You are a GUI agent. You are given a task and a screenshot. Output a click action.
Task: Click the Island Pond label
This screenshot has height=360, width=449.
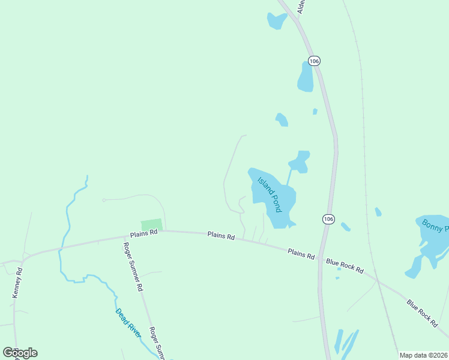(x=270, y=195)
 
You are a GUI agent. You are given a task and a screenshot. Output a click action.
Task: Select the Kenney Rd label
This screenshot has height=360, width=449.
(x=17, y=283)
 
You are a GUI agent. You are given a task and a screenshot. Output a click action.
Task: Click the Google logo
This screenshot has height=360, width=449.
(x=20, y=353)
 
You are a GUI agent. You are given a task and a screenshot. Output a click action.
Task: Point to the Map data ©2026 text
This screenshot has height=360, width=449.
(x=423, y=355)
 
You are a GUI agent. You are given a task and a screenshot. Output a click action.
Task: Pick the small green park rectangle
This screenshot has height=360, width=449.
(x=152, y=224)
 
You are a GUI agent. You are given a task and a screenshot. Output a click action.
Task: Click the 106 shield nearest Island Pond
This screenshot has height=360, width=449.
(x=327, y=219)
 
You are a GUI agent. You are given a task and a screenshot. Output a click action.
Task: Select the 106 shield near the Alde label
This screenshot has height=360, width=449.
(x=315, y=61)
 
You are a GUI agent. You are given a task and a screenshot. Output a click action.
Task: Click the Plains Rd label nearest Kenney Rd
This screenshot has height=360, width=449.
(x=145, y=232)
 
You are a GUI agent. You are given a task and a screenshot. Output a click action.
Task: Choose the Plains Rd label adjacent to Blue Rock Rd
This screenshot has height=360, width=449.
(x=301, y=254)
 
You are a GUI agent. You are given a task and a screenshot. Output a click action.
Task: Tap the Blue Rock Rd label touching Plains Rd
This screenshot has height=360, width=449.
(x=345, y=266)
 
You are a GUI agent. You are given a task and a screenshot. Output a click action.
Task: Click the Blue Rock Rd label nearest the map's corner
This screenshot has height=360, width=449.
(x=422, y=314)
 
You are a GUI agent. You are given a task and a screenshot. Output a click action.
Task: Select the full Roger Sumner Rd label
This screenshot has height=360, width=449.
(x=133, y=267)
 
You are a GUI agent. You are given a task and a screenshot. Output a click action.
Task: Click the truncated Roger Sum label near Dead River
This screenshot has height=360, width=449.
(x=157, y=343)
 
